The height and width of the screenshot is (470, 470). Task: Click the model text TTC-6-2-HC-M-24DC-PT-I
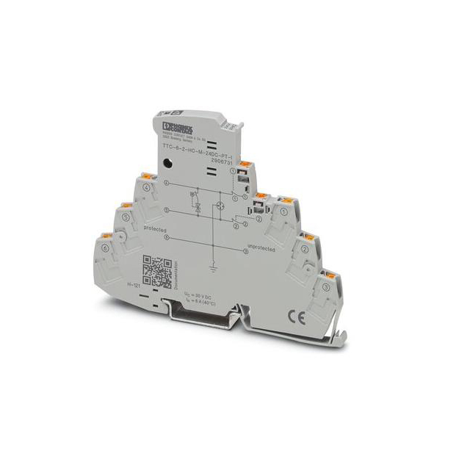194,150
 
